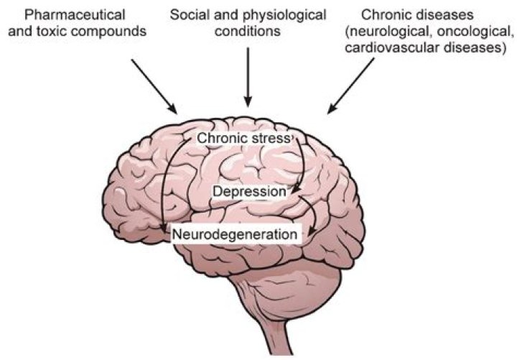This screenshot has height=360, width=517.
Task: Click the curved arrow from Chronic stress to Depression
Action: pyautogui.click(x=302, y=162)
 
